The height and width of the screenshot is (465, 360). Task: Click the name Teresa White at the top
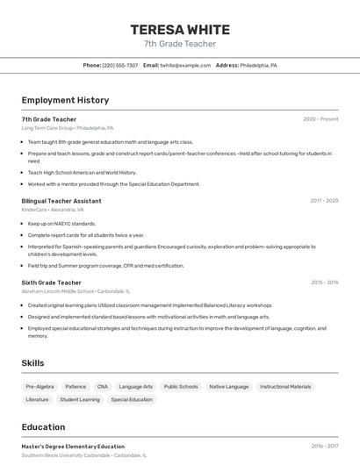180,29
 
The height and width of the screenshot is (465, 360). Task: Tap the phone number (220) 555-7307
119,65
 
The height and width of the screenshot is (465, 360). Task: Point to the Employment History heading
65,100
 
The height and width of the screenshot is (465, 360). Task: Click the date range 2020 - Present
320,119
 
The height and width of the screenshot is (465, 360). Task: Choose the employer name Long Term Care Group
47,128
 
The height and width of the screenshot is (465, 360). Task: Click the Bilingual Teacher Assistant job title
61,201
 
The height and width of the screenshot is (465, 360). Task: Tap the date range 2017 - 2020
324,201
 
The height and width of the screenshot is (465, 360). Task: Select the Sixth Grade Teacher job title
51,283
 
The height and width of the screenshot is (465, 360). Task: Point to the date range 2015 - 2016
324,283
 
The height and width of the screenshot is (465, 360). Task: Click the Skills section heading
33,362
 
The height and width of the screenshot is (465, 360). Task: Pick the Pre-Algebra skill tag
40,386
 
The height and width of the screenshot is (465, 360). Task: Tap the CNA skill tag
103,386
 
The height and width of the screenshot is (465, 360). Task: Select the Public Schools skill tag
181,386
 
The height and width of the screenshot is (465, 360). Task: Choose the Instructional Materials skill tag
285,386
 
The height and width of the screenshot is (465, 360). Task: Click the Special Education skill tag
132,399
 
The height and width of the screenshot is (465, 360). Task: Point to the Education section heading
43,427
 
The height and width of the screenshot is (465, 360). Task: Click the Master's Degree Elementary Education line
73,447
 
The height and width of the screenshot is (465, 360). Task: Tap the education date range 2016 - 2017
324,447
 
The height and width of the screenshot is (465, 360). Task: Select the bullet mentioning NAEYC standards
61,224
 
